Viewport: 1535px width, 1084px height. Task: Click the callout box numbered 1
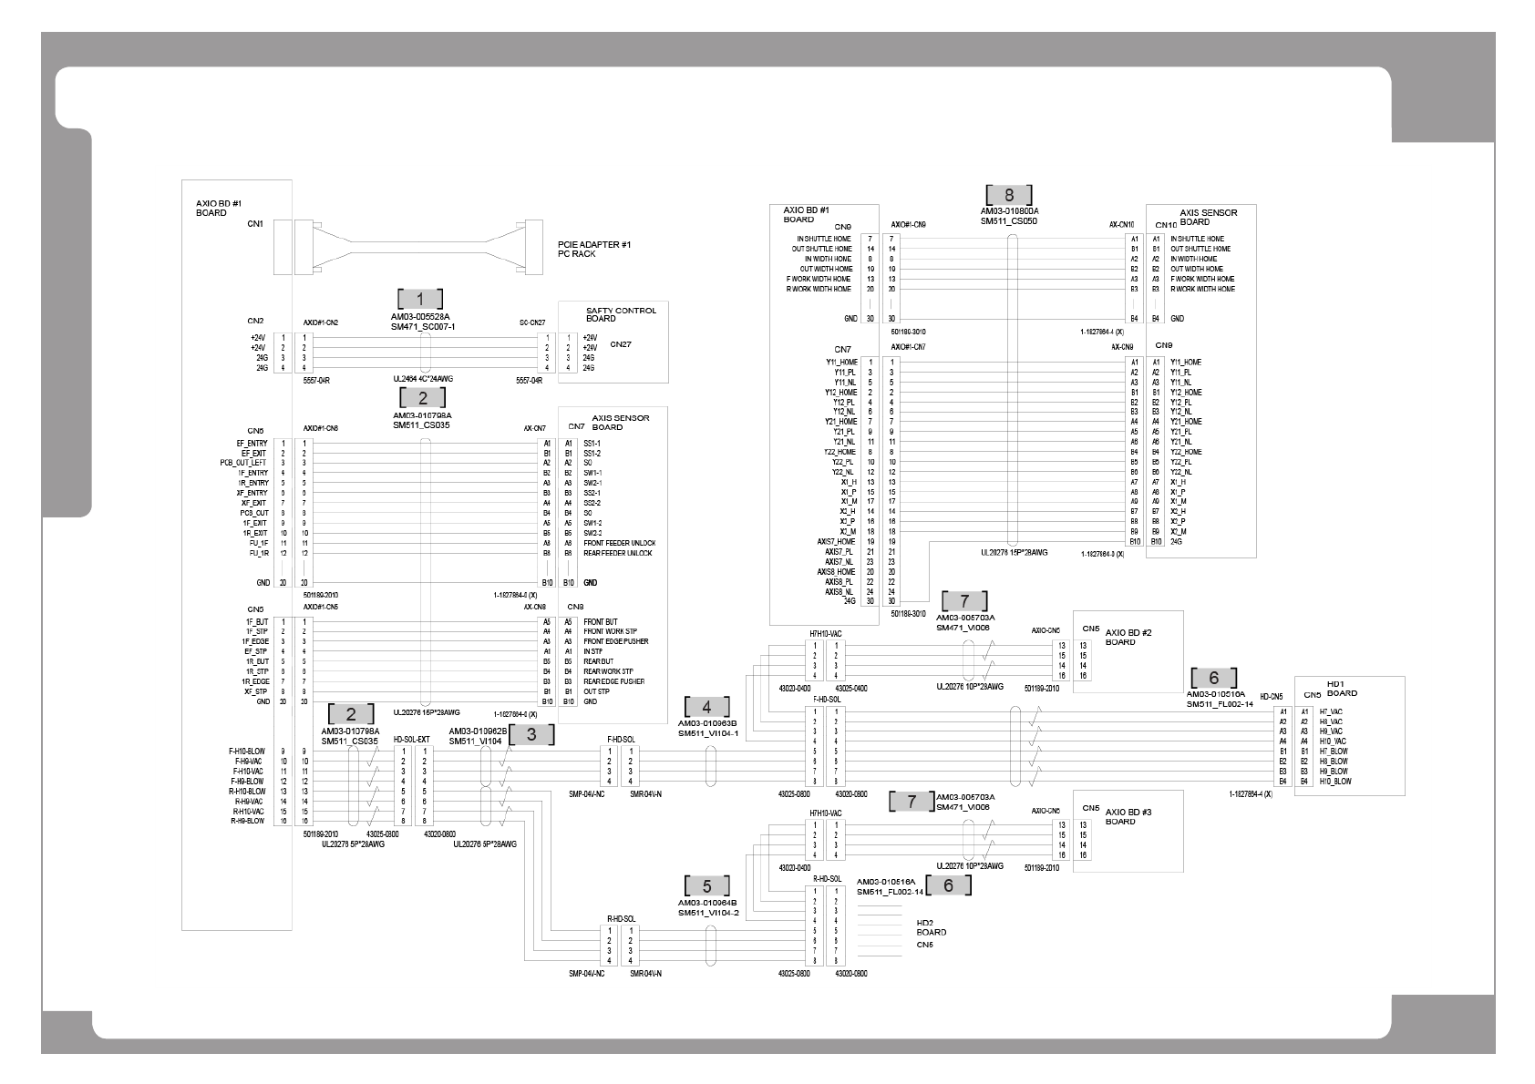(x=420, y=299)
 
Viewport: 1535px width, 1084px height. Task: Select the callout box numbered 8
(x=1008, y=195)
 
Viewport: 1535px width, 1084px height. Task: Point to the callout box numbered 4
(x=707, y=707)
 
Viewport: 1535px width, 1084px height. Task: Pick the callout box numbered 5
(x=707, y=886)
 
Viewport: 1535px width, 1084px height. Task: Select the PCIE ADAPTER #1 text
(x=594, y=244)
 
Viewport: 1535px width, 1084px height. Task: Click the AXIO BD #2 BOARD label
(x=1120, y=637)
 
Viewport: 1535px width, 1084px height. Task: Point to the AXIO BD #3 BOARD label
(x=1120, y=816)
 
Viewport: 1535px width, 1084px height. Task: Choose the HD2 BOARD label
(x=931, y=927)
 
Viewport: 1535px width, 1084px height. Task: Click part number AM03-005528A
(x=420, y=317)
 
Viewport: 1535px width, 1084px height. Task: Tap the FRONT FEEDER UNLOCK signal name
(x=619, y=543)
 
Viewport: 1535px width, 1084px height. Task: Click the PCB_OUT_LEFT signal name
(x=243, y=463)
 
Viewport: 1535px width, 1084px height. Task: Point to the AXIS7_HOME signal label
(x=836, y=541)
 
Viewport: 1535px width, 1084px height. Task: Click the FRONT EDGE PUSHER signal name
(x=616, y=641)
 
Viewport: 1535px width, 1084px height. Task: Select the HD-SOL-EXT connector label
(x=411, y=740)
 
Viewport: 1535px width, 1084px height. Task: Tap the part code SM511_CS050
(x=1009, y=221)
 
